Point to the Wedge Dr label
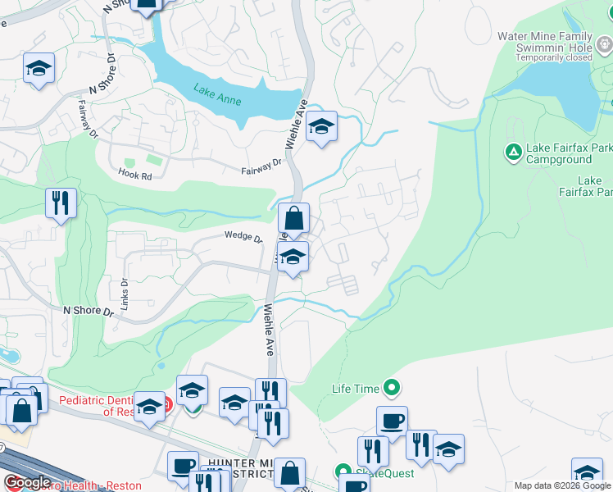click(243, 239)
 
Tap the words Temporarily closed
click(553, 57)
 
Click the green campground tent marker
click(513, 152)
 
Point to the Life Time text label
click(355, 388)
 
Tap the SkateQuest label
click(384, 472)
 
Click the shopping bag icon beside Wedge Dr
click(293, 219)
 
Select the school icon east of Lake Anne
click(322, 127)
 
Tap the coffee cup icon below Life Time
click(392, 421)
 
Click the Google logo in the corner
click(27, 482)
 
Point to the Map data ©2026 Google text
click(562, 485)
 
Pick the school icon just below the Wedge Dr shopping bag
click(293, 257)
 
